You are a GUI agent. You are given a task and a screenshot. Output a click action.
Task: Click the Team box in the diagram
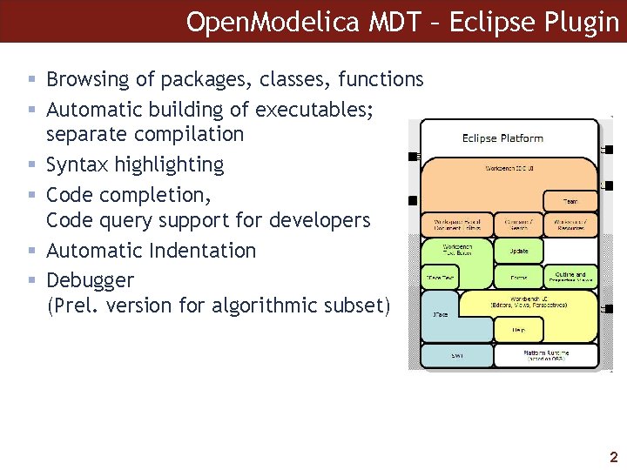tap(570, 202)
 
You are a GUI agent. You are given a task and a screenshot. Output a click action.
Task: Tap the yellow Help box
tap(517, 330)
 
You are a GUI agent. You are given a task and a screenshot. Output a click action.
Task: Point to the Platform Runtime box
tap(547, 355)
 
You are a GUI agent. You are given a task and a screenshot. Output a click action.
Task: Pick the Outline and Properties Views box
tap(573, 278)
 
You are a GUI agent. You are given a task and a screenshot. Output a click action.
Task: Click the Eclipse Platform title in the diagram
tap(502, 138)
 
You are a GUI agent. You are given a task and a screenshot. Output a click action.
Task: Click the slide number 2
tap(613, 456)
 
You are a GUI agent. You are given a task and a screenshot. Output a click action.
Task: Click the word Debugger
tap(90, 280)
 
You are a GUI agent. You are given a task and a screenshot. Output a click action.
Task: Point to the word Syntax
tap(76, 164)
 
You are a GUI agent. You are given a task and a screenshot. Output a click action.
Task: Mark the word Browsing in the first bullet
tap(84, 79)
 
